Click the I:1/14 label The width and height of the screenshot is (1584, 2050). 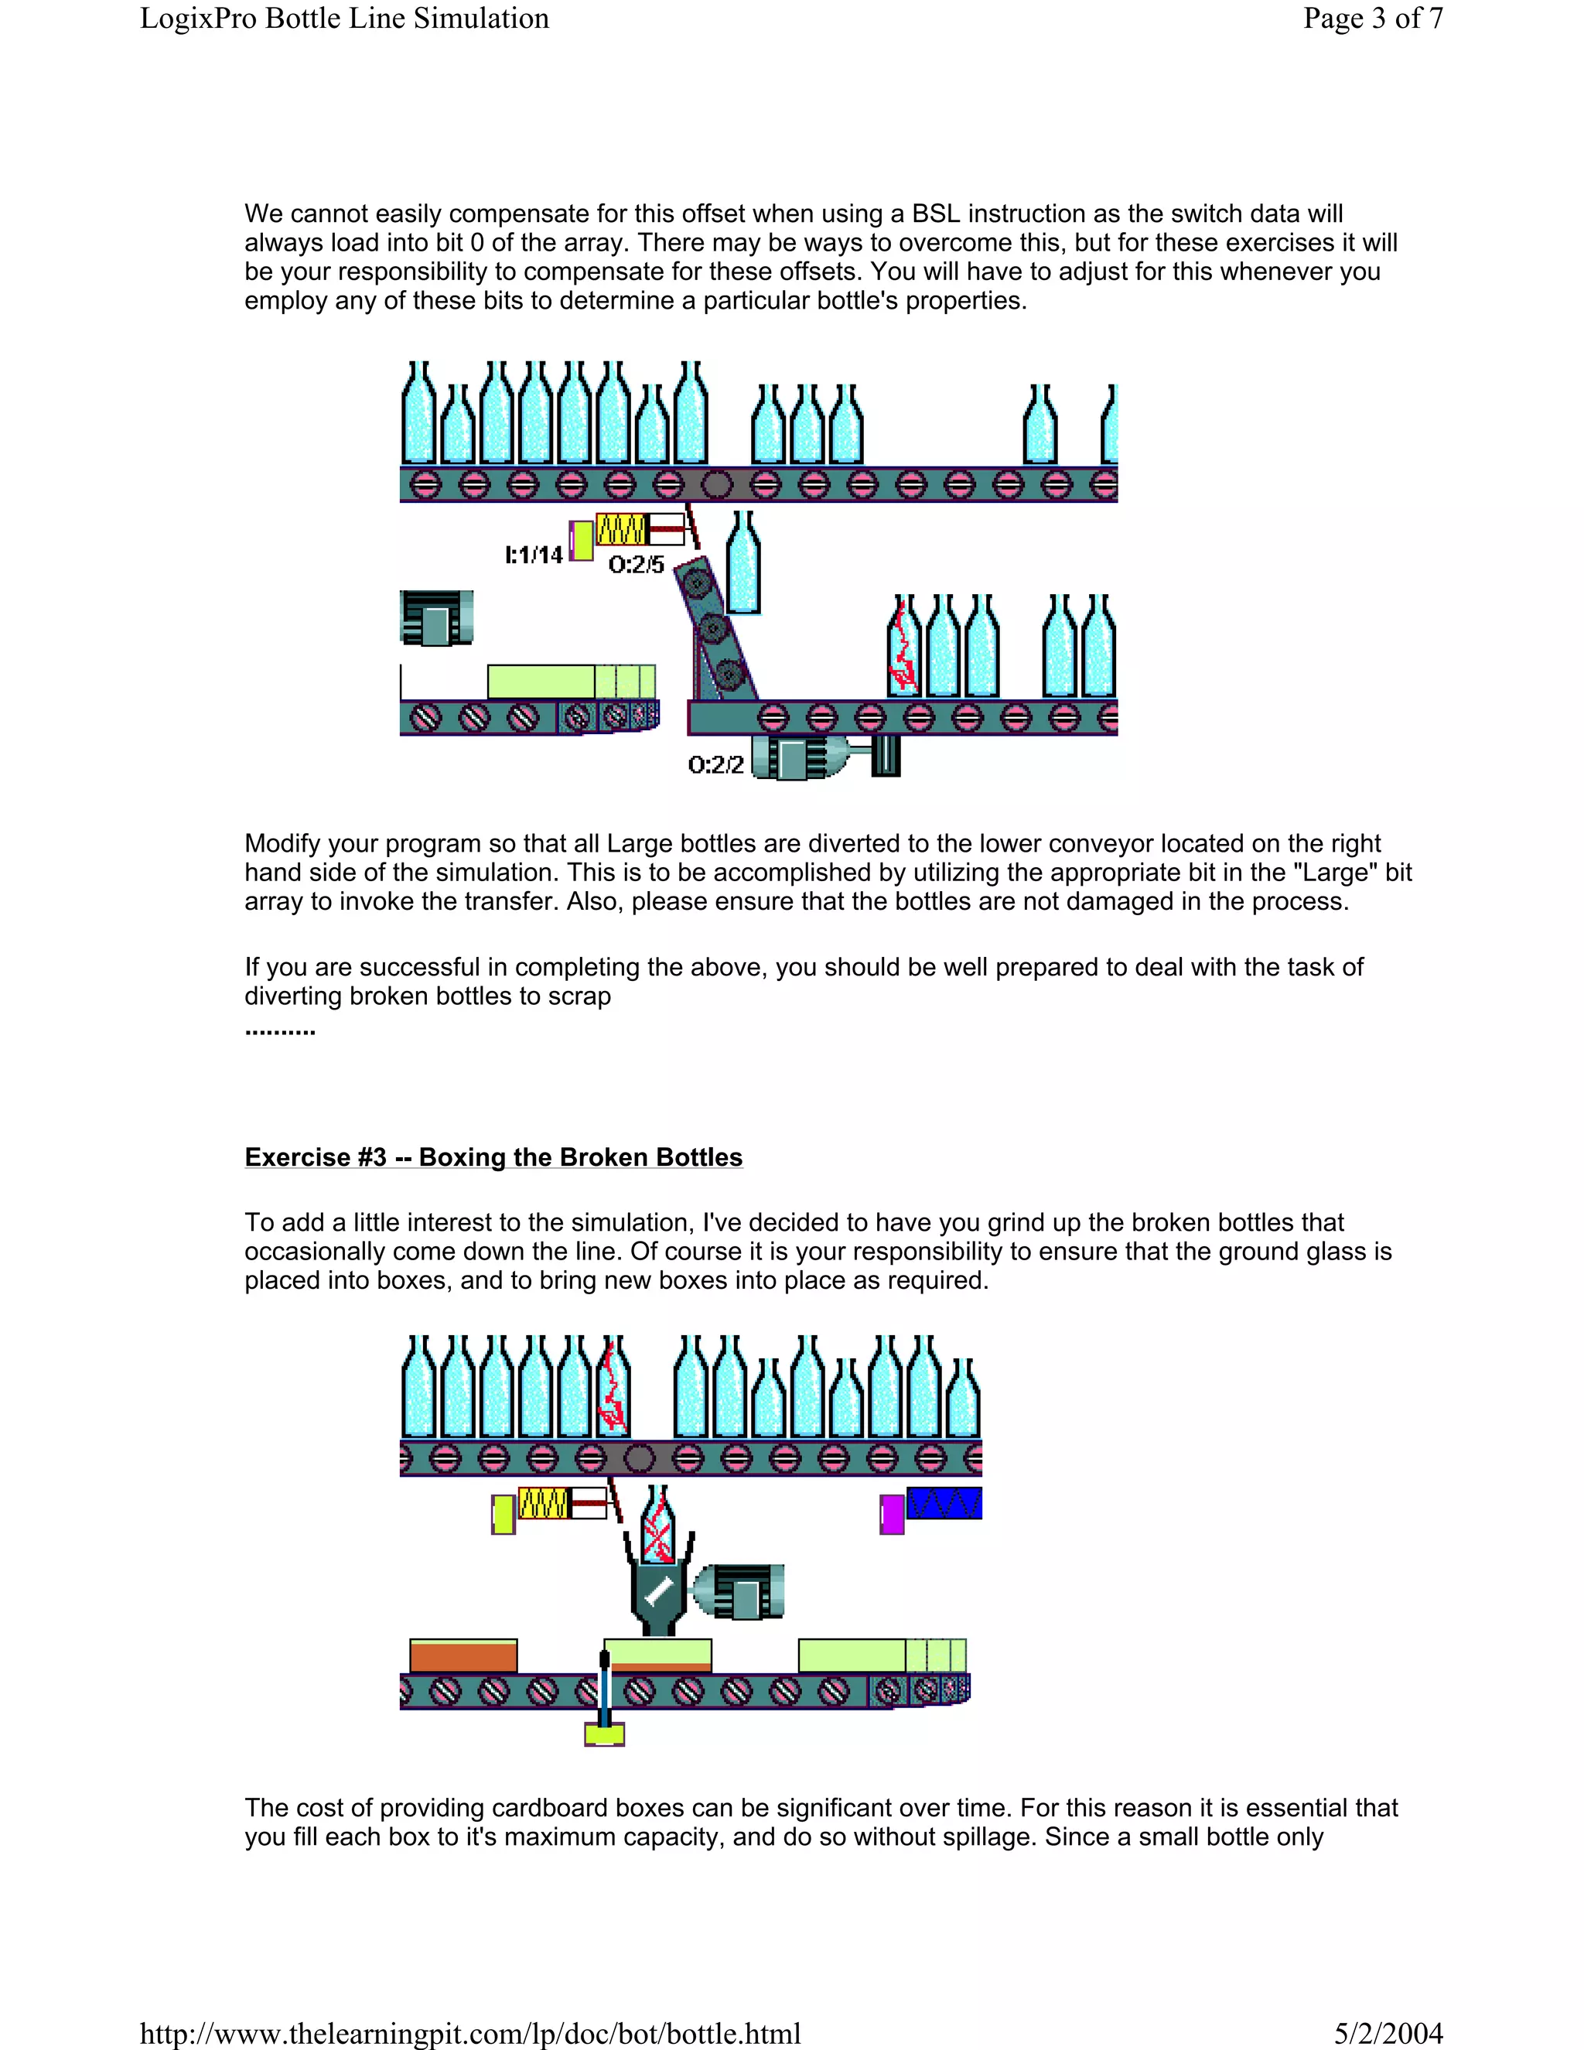534,555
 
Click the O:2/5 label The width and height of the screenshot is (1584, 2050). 637,564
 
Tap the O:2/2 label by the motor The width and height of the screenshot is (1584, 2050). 716,764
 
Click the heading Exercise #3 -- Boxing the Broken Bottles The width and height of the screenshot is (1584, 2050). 493,1157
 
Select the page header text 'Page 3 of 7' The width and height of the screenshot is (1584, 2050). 1372,19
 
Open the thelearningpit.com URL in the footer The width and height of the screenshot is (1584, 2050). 470,2033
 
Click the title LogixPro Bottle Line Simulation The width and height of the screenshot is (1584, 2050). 344,19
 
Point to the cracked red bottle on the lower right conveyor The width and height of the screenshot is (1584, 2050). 903,647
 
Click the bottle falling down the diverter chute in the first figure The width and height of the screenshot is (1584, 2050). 743,563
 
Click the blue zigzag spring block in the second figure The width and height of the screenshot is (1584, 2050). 944,1503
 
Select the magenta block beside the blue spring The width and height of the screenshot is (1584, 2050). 892,1514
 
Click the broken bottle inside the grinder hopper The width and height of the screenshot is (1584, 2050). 657,1526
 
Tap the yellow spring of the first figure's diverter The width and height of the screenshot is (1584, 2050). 620,529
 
